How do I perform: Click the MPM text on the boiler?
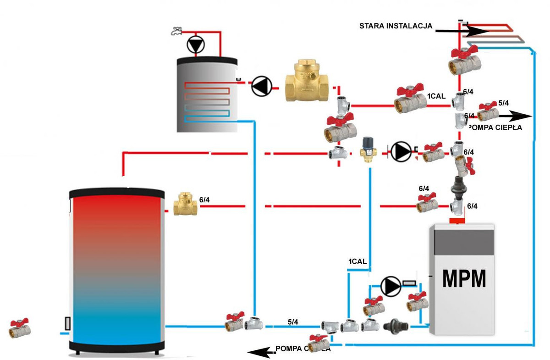(463, 278)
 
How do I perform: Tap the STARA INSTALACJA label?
(396, 26)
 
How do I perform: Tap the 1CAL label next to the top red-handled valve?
(436, 96)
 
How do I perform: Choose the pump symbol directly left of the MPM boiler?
(390, 286)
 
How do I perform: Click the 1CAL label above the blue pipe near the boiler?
(357, 261)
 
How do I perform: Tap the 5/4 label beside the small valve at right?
(503, 103)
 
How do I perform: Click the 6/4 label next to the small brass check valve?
(205, 199)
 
